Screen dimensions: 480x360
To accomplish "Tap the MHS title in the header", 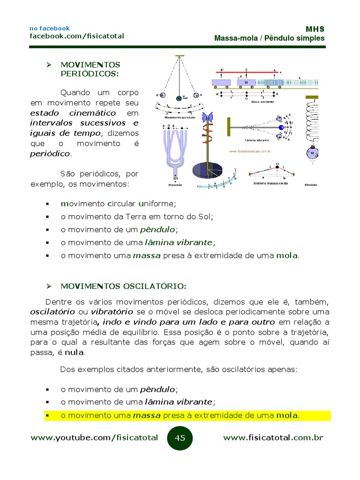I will click(x=315, y=29).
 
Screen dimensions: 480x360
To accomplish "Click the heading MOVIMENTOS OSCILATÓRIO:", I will click(x=123, y=286).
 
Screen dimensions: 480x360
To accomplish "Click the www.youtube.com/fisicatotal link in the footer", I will click(x=94, y=438).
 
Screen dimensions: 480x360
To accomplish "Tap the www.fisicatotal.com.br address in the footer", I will click(x=273, y=438).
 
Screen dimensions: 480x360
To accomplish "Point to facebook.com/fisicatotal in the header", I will click(x=77, y=36).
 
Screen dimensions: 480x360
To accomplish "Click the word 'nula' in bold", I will click(x=74, y=352).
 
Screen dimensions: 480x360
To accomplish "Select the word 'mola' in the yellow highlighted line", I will click(x=287, y=415).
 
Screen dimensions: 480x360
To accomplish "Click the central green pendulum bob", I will click(x=178, y=98).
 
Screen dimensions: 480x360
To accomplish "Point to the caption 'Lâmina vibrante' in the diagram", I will click(x=256, y=140).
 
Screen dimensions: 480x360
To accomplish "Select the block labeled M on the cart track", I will click(x=245, y=82).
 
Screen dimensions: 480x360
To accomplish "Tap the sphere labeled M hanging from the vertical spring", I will click(x=311, y=153).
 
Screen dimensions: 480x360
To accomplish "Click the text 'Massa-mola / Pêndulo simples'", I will click(x=269, y=38).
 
